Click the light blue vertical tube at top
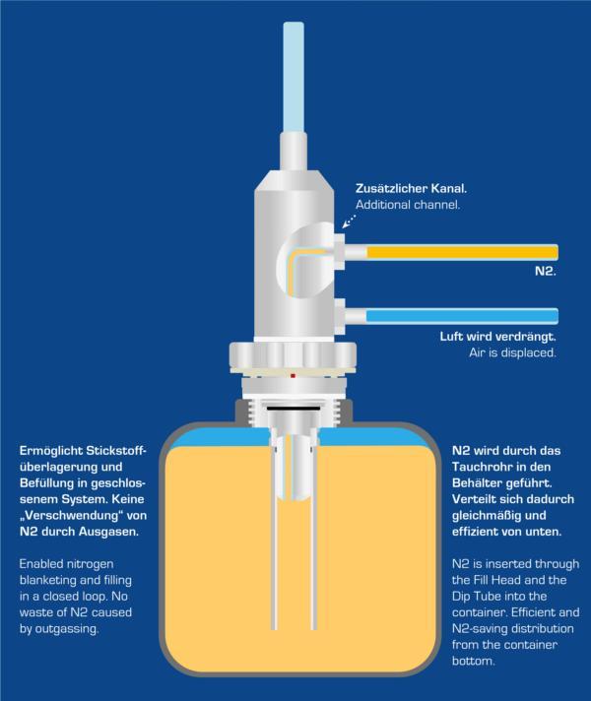(x=294, y=76)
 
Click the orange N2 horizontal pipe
(x=463, y=253)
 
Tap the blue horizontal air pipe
(x=463, y=316)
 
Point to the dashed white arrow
(x=350, y=222)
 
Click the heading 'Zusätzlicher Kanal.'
(x=411, y=188)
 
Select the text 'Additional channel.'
(x=408, y=205)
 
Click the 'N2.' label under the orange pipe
(x=546, y=271)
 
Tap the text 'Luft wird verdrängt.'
(x=498, y=336)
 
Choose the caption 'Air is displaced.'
(x=512, y=352)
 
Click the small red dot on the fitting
(x=294, y=376)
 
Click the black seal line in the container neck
(x=294, y=409)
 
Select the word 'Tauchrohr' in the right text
(x=480, y=467)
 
